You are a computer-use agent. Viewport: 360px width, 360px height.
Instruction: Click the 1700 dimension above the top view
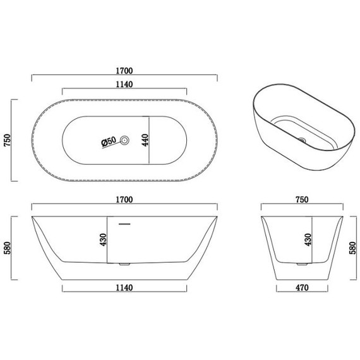click(x=124, y=71)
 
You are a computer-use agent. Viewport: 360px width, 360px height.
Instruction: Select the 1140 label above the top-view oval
click(x=124, y=84)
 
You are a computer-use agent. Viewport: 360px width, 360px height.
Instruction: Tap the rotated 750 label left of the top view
click(x=8, y=140)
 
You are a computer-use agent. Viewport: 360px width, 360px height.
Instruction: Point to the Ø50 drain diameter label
click(x=109, y=141)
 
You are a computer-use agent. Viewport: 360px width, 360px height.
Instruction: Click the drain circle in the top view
click(x=124, y=140)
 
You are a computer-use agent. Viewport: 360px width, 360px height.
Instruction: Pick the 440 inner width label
click(x=145, y=140)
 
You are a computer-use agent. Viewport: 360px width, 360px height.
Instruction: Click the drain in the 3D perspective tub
click(x=302, y=140)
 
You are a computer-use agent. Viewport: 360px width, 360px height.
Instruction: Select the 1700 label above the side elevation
click(x=124, y=200)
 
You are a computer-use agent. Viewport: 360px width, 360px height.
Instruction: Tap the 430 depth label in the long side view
click(x=103, y=240)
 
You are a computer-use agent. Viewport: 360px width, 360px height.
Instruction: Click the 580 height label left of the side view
click(x=8, y=248)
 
